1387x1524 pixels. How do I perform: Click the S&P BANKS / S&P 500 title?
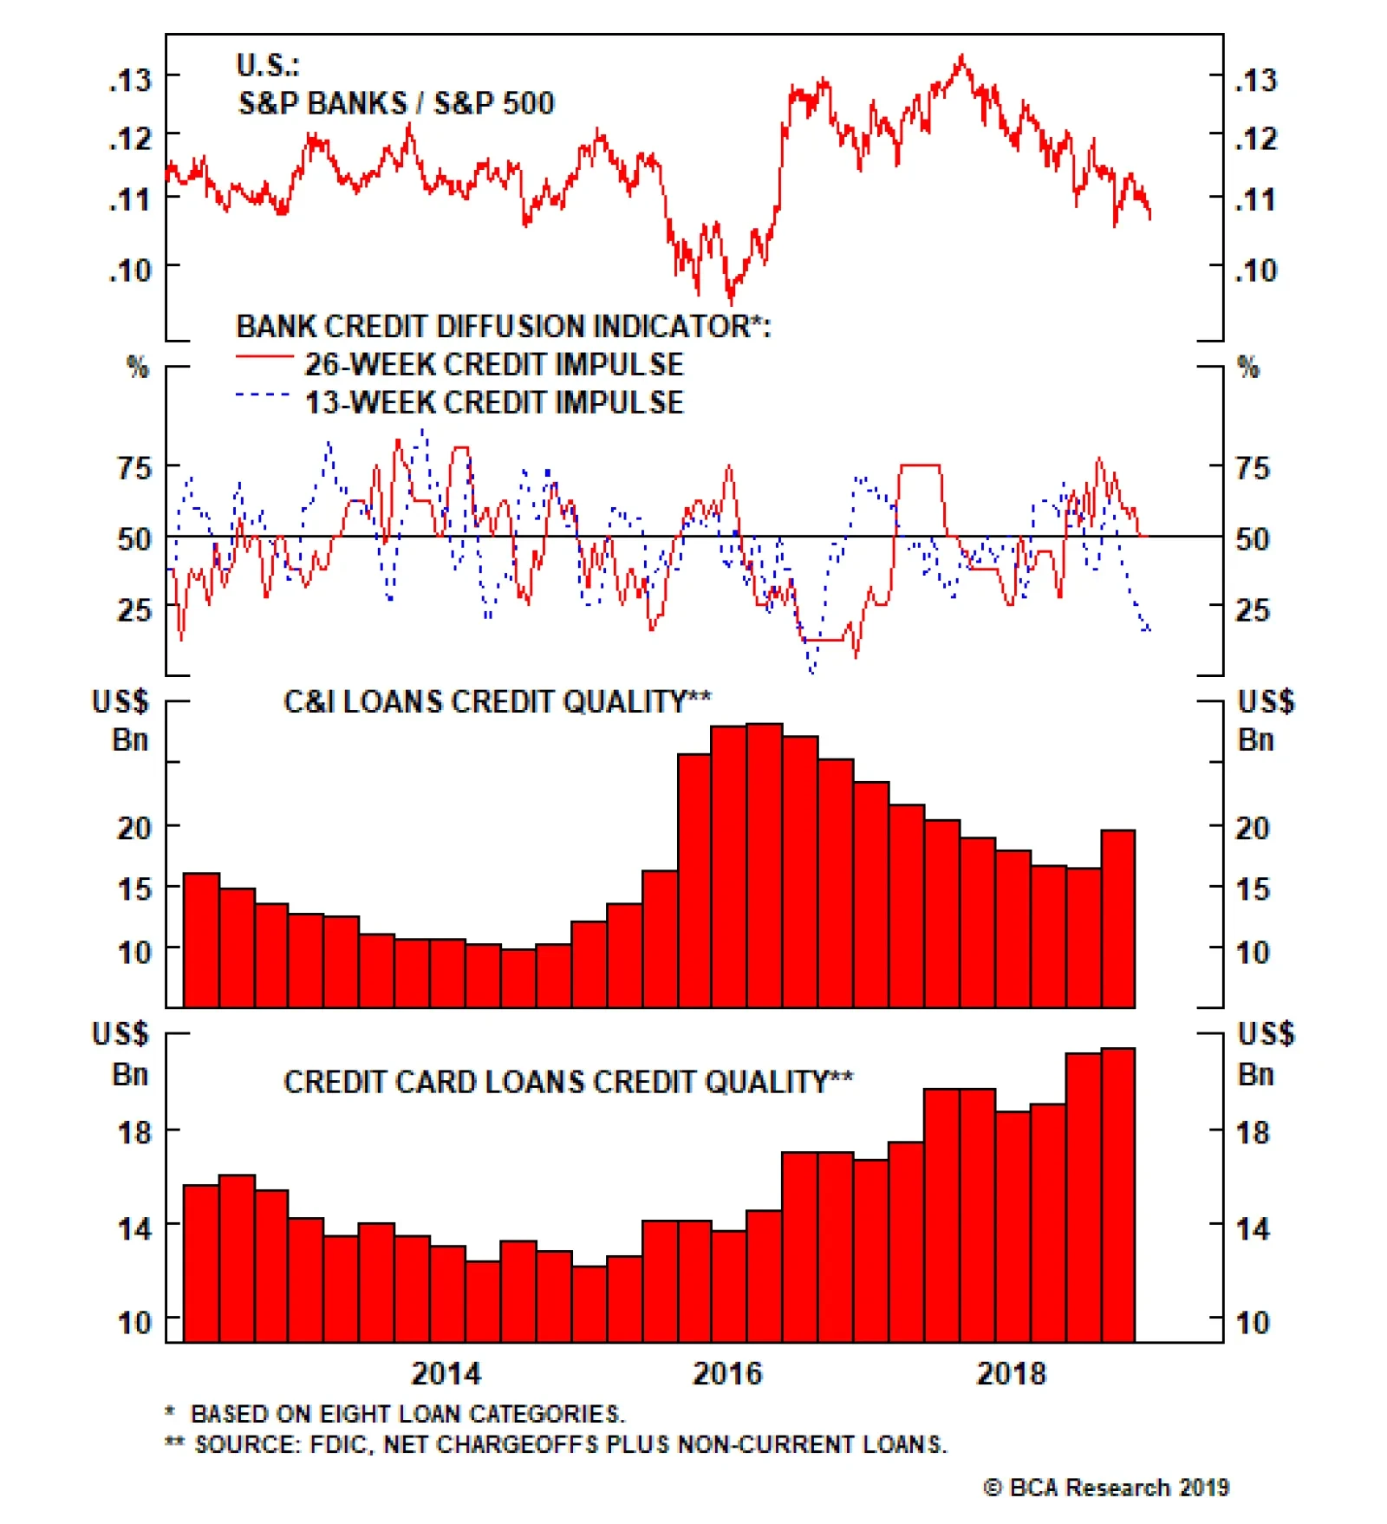(395, 103)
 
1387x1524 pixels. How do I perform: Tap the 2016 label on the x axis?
(726, 1373)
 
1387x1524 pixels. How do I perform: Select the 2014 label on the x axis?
(445, 1373)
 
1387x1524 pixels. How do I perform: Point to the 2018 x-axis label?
(1010, 1373)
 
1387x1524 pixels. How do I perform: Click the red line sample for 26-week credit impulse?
(264, 356)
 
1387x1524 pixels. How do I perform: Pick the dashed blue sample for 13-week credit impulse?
(263, 395)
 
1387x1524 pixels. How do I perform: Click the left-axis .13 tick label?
(129, 80)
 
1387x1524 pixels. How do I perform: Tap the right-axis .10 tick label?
(1256, 271)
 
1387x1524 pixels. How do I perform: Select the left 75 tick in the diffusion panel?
(134, 468)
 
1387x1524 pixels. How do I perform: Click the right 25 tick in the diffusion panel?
(1253, 610)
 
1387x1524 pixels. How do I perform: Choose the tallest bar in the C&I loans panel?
(765, 865)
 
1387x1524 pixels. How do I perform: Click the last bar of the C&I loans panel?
(1118, 919)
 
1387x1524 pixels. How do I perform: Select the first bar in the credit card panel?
(201, 1262)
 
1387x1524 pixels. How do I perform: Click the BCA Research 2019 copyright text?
(1106, 1488)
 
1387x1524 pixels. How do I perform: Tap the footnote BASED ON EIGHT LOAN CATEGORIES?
(407, 1414)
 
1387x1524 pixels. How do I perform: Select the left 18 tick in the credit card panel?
(134, 1132)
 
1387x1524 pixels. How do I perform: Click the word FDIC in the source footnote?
(341, 1445)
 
